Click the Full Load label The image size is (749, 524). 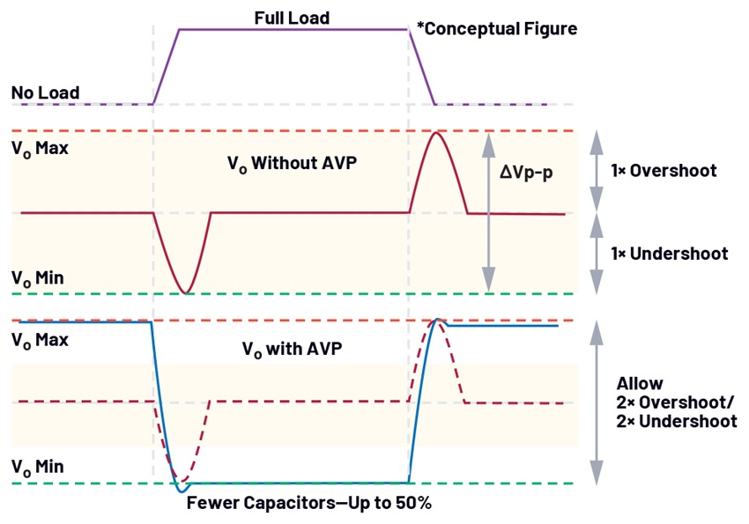pos(292,18)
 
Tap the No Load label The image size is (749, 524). pos(45,92)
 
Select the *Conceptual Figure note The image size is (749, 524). pos(497,29)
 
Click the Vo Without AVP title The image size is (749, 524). pos(292,163)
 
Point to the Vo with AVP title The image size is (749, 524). pos(292,349)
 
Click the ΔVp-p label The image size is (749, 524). pos(526,172)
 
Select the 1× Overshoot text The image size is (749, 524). pos(664,170)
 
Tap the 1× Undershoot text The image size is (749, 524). pos(670,254)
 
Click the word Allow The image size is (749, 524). pos(640,383)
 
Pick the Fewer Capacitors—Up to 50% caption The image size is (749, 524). pos(309,503)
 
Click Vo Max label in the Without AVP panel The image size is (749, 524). pos(41,149)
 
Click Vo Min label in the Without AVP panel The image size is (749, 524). pos(38,277)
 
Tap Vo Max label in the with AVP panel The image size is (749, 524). pos(41,340)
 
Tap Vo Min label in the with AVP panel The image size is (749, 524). pos(38,467)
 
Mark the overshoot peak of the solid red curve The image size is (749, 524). pos(435,133)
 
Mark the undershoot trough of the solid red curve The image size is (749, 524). pos(186,292)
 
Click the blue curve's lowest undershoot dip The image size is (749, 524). pos(181,491)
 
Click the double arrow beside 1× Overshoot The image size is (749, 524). pos(597,170)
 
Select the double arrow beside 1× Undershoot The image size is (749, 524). pos(597,254)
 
